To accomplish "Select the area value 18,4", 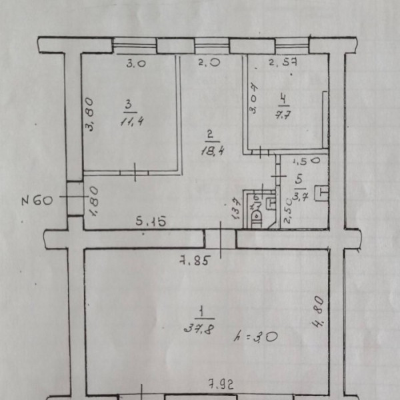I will (x=211, y=151).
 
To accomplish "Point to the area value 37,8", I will (x=199, y=327).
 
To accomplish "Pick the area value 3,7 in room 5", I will (x=299, y=194).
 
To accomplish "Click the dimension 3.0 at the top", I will (x=136, y=65).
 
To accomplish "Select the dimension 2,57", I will (x=281, y=64).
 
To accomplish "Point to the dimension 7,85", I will (x=197, y=260).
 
